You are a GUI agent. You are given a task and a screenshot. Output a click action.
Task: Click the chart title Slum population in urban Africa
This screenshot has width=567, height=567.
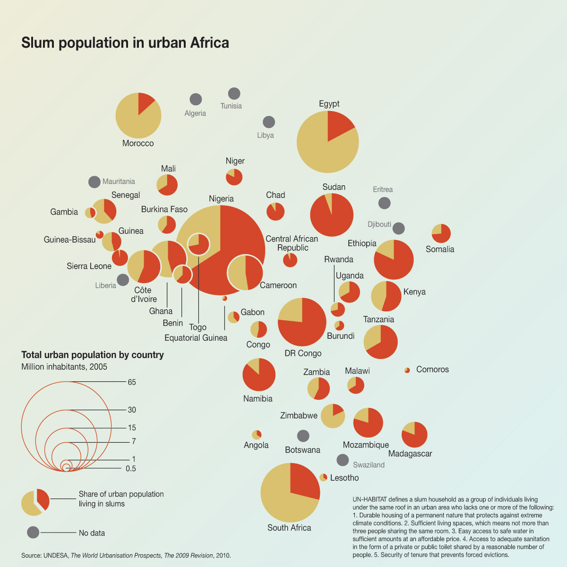point(125,43)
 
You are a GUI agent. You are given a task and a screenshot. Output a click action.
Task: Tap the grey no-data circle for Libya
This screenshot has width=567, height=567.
point(268,122)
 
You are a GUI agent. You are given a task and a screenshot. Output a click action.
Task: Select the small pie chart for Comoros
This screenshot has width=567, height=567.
point(407,370)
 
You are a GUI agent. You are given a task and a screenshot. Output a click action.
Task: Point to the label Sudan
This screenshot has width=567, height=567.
point(334,187)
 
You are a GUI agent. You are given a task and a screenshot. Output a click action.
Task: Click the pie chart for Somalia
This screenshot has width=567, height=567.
point(441,233)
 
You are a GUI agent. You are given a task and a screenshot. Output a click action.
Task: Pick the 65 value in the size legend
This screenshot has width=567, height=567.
point(132,382)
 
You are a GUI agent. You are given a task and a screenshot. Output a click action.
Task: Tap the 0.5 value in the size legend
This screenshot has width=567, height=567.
point(131,469)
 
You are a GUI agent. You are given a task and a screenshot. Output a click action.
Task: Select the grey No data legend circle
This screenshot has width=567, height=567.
point(33,533)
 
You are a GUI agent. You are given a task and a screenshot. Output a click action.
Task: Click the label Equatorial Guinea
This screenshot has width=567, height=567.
point(196,338)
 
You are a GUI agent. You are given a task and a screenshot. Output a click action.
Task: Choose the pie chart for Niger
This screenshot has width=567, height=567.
point(234,177)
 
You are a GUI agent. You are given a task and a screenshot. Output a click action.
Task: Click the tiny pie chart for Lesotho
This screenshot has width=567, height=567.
point(323,477)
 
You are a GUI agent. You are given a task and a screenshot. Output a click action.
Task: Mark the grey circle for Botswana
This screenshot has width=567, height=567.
point(303,436)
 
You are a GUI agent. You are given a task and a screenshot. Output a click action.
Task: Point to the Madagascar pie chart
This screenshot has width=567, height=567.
point(414,435)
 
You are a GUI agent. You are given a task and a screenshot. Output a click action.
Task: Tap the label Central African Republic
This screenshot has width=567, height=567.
point(292,243)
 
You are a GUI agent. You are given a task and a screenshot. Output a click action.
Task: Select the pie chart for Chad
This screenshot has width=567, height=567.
point(275,211)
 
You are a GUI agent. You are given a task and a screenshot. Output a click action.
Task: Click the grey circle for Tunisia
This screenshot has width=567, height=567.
point(234,93)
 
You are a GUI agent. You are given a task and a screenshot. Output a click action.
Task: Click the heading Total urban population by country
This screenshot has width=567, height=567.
point(93,355)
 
